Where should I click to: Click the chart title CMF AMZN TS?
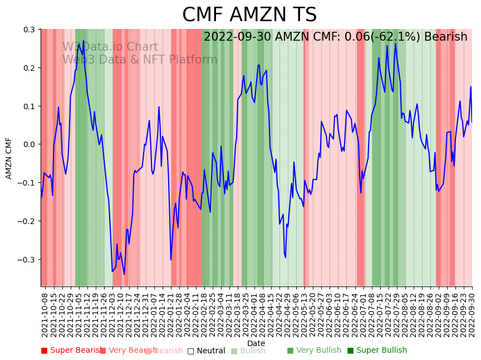(249, 15)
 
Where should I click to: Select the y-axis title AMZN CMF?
(9, 158)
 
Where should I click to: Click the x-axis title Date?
(256, 343)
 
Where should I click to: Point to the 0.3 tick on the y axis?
(29, 30)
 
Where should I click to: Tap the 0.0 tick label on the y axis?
(29, 144)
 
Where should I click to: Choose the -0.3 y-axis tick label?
(27, 260)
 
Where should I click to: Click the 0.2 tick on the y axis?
(29, 68)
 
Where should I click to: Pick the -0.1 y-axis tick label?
(27, 183)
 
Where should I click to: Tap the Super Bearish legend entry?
(72, 351)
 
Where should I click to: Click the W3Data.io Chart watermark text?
(110, 47)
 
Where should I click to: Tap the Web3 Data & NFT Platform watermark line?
(140, 60)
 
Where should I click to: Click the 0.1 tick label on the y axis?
(29, 106)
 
